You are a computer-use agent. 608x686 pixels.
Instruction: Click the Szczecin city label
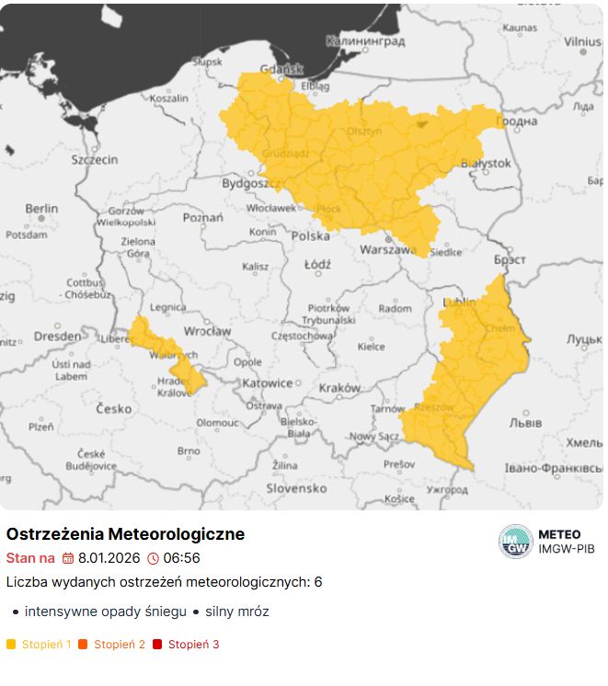click(x=95, y=159)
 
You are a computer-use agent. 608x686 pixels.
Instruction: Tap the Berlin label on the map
click(x=41, y=209)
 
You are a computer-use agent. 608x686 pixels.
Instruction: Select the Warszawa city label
click(x=389, y=249)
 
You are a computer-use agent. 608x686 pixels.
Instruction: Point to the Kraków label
click(x=339, y=388)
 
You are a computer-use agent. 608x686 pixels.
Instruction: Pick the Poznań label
click(x=203, y=218)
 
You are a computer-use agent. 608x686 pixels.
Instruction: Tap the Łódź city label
click(x=317, y=264)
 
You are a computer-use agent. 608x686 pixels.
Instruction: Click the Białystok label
click(x=485, y=163)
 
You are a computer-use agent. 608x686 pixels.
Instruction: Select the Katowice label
click(x=268, y=383)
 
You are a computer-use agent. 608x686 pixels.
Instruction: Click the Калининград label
click(x=365, y=41)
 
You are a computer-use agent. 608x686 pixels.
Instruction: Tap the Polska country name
click(x=310, y=235)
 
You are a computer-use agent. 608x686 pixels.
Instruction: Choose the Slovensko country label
click(x=296, y=488)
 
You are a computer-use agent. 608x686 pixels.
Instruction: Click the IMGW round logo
click(x=516, y=541)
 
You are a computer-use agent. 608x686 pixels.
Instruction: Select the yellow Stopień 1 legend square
click(x=11, y=645)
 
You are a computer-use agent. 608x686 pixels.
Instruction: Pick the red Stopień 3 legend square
click(x=157, y=645)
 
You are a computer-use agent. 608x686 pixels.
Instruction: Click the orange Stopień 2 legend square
click(x=84, y=645)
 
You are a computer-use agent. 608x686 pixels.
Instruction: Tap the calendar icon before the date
click(x=68, y=558)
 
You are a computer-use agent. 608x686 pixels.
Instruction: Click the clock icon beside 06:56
click(x=153, y=558)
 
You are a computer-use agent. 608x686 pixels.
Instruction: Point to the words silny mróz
click(x=236, y=612)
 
